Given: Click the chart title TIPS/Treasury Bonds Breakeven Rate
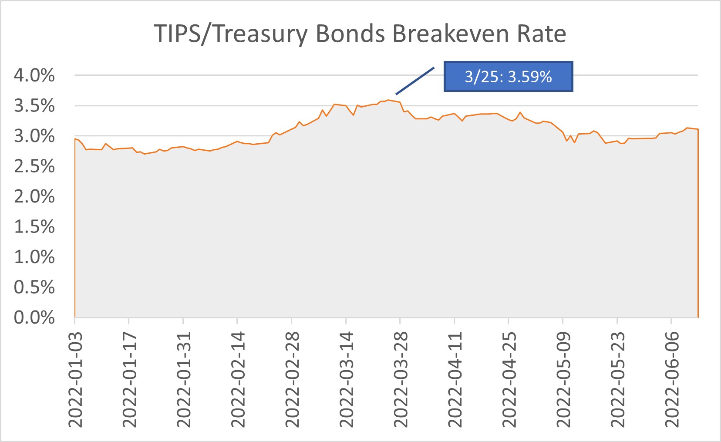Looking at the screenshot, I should click(x=360, y=34).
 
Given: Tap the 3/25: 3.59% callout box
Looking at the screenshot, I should click(x=508, y=77).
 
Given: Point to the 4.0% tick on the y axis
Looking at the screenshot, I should click(x=34, y=75).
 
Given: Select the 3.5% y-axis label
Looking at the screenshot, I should click(x=34, y=105).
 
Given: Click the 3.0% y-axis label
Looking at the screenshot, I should click(x=34, y=136).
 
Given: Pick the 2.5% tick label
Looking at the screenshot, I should click(x=34, y=166).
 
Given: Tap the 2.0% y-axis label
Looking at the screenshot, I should click(x=34, y=196).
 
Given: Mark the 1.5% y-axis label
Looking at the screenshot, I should click(x=34, y=226).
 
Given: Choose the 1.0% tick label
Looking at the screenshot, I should click(x=34, y=256).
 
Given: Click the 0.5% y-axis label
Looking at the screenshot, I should click(x=34, y=287).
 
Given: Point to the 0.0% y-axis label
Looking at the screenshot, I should click(x=34, y=317).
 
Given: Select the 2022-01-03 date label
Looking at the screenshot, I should click(x=75, y=379).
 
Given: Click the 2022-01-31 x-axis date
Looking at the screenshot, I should click(x=184, y=379).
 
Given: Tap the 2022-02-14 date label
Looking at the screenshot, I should click(x=238, y=379).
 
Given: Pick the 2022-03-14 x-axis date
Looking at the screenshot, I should click(x=346, y=379).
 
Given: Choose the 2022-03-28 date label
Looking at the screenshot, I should click(x=401, y=379).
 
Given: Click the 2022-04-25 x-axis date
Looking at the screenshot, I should click(x=509, y=379).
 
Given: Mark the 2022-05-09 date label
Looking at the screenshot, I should click(x=563, y=379).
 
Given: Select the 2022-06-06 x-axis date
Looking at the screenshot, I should click(x=671, y=379).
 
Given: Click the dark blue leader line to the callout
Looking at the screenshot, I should click(x=415, y=81).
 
